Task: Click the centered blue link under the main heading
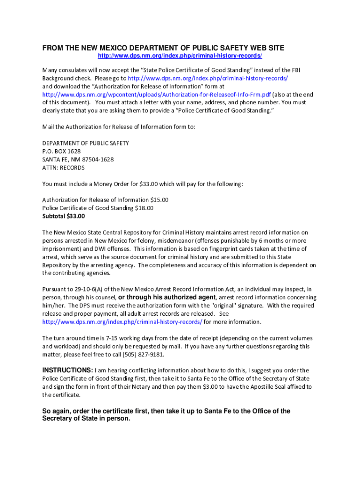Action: pyautogui.click(x=180, y=56)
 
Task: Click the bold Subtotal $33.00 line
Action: pyautogui.click(x=64, y=216)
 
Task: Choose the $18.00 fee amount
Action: pyautogui.click(x=144, y=208)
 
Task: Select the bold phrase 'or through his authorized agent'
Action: pyautogui.click(x=167, y=298)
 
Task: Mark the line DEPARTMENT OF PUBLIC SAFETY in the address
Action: pyautogui.click(x=86, y=143)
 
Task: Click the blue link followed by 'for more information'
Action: pyautogui.click(x=122, y=322)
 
